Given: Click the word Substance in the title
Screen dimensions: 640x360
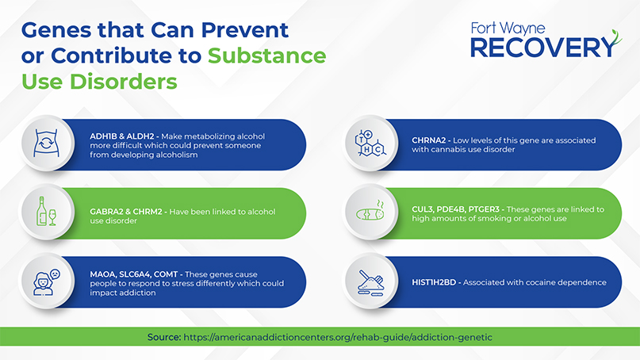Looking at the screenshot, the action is click(267, 56).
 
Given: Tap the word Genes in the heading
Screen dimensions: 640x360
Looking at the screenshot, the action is click(56, 30).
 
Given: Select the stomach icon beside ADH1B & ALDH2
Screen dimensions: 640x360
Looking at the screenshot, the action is click(46, 143).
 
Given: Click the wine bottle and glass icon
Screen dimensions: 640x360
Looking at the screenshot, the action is click(46, 212).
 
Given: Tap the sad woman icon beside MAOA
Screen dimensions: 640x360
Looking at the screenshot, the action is click(46, 281).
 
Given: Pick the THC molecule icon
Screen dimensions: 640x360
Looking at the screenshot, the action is click(370, 143).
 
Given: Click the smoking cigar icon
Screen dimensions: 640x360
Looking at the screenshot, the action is click(370, 212).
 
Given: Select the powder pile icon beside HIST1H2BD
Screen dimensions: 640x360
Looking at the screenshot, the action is click(370, 282).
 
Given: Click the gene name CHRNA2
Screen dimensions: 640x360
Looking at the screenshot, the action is click(428, 140).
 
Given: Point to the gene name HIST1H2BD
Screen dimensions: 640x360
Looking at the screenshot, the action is click(434, 282).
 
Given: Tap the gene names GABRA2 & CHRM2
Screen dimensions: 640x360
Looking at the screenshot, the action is click(126, 212).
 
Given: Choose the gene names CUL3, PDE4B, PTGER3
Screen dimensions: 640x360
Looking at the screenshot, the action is click(455, 209).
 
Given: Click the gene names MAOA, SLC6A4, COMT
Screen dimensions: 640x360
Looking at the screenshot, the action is click(134, 274).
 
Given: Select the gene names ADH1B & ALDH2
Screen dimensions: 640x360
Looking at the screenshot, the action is click(122, 136).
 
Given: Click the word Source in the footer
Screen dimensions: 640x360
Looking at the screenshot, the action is click(163, 337).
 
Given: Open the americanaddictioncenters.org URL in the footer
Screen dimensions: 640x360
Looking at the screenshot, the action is click(338, 338).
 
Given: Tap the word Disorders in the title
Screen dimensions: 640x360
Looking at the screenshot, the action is click(124, 81).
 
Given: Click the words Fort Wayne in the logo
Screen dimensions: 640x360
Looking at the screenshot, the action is click(508, 29).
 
